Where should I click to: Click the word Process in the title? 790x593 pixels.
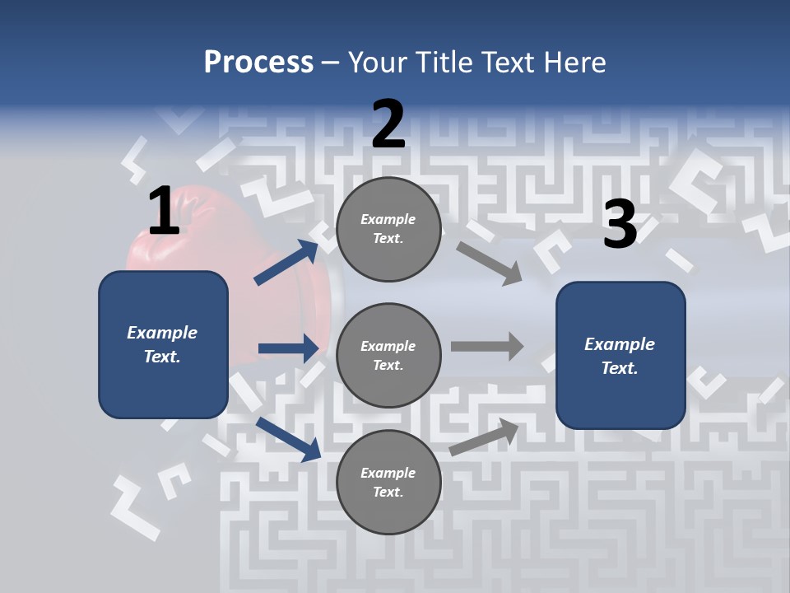[258, 62]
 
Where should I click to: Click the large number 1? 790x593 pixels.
[164, 211]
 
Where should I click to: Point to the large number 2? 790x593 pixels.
[388, 124]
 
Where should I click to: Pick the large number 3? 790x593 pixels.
[620, 224]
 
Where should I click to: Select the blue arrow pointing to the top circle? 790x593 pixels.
[286, 262]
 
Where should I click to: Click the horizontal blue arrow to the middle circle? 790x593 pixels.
[288, 348]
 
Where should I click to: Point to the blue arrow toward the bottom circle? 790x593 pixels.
[288, 439]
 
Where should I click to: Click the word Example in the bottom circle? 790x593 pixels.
[388, 473]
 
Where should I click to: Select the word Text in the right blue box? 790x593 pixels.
[619, 368]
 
